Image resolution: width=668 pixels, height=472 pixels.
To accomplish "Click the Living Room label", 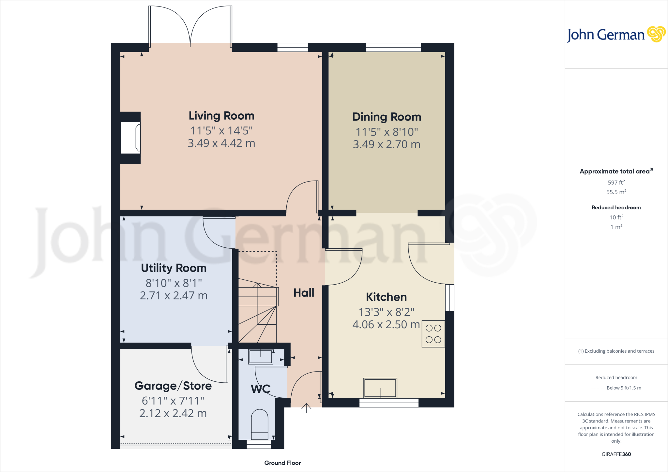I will click(221, 116).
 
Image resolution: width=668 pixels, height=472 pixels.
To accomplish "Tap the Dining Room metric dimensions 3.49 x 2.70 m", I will click(387, 144).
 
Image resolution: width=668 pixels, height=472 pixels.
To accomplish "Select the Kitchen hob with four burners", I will click(433, 334).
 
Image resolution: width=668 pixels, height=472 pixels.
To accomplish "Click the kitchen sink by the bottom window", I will click(380, 388).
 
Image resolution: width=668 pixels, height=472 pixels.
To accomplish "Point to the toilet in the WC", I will click(260, 425).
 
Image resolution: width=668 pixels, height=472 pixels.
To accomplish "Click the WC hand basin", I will click(261, 357).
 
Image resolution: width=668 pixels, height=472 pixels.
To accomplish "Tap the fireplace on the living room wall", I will click(130, 137).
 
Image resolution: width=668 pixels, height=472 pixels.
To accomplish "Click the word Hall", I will click(304, 293).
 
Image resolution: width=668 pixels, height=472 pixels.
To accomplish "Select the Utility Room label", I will click(174, 268).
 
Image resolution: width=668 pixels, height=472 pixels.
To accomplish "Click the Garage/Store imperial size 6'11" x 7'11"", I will click(173, 401).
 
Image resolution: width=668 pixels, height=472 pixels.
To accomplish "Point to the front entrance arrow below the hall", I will click(306, 408).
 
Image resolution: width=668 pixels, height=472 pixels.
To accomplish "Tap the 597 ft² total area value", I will click(616, 183).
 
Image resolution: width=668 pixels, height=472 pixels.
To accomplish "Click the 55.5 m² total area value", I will click(616, 192).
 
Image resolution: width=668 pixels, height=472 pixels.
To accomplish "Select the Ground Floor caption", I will click(282, 463).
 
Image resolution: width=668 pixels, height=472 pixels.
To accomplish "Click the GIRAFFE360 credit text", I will click(616, 454).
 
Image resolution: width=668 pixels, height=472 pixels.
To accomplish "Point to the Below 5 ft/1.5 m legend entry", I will click(624, 388).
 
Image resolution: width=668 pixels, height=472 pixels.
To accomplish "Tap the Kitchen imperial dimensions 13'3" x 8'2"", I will click(386, 312).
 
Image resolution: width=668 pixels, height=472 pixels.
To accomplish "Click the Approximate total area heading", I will click(615, 171).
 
